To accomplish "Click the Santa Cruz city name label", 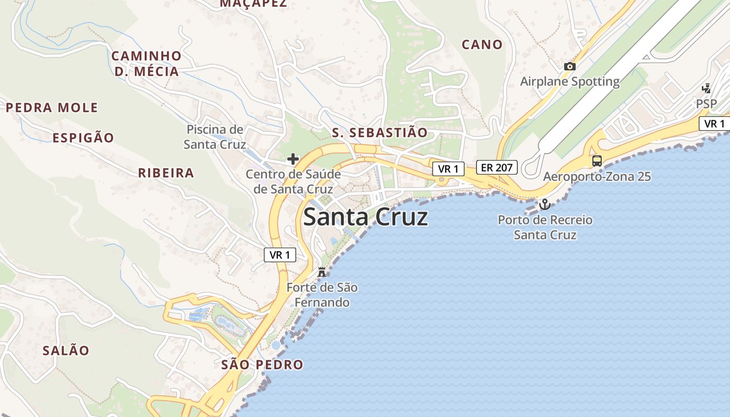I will coord(366,217).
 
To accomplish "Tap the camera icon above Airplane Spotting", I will coord(569,66).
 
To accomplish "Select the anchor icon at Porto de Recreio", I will coord(545,204).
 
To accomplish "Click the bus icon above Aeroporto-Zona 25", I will coord(597,161).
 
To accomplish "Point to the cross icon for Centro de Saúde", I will coord(293,158).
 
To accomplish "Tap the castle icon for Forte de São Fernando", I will coord(322,272).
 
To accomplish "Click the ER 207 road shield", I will coord(496,167).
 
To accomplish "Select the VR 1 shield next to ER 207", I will coord(448,169).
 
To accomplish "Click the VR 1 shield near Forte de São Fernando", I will coord(280,255).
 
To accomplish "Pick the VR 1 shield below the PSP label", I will coord(714,124).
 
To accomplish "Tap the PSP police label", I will coord(707,104).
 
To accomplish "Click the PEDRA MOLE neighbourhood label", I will coord(52,108).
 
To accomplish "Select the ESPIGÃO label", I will coord(83,138).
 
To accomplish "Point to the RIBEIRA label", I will coord(166,173).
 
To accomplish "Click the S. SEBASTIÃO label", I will coord(380,132).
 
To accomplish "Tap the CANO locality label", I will coord(482,45).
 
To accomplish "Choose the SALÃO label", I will coord(66,350).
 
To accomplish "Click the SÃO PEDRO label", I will coord(262,364).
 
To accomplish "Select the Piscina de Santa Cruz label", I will coord(215,137).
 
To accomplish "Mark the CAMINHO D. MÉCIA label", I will coord(147,64).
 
